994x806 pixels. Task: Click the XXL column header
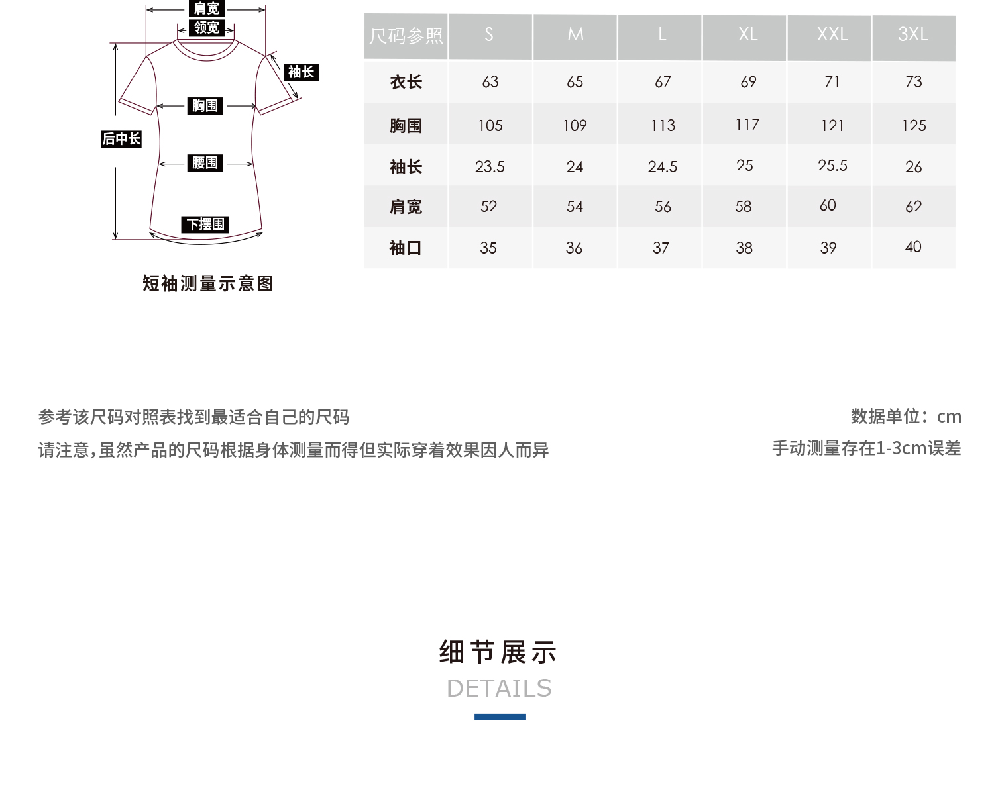click(832, 34)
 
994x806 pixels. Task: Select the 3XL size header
click(912, 34)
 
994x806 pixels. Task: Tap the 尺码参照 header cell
click(406, 36)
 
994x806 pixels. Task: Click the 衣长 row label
click(406, 82)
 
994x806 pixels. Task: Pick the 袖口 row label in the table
click(406, 248)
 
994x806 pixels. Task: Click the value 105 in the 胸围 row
click(490, 125)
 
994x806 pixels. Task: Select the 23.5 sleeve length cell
click(490, 166)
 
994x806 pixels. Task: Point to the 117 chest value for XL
click(747, 125)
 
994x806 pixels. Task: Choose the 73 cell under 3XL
click(913, 81)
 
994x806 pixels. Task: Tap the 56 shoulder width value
click(663, 207)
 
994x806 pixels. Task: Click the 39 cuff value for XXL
click(828, 248)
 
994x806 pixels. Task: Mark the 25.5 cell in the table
click(832, 166)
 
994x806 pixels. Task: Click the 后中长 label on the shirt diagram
click(121, 139)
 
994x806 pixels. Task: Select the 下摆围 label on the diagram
click(205, 225)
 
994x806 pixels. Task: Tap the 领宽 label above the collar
click(206, 28)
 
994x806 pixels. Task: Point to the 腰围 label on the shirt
click(205, 163)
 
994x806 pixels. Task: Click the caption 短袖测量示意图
click(208, 283)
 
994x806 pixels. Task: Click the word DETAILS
click(499, 689)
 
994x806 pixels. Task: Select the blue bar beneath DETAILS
click(500, 717)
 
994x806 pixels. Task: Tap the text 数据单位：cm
click(906, 416)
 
